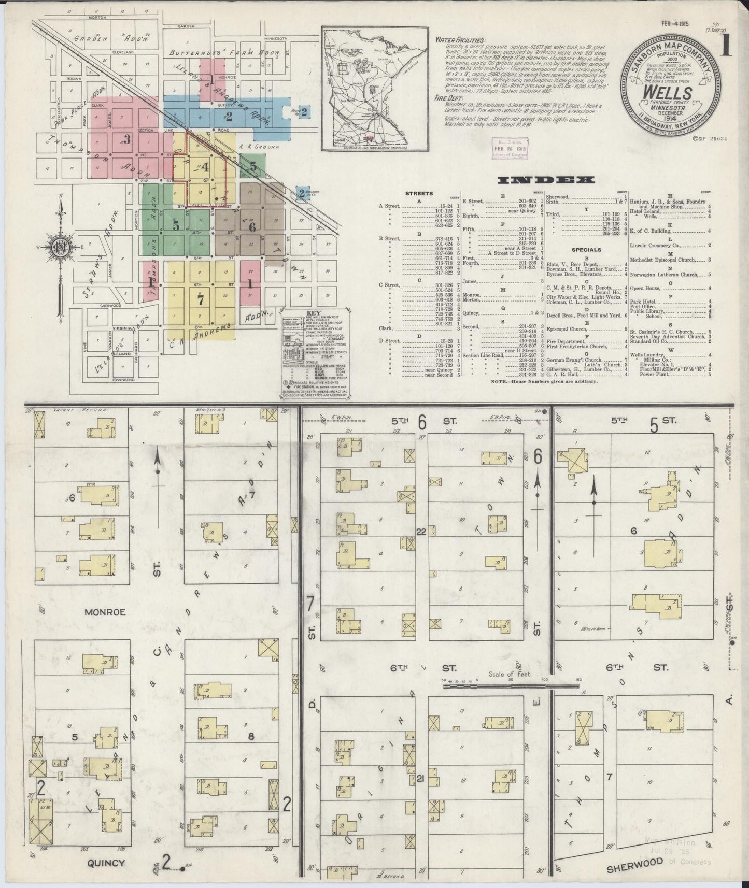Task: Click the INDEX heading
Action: click(x=545, y=180)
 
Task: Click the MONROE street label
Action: click(x=105, y=612)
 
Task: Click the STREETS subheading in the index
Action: click(x=419, y=194)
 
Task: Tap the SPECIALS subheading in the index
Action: click(x=586, y=250)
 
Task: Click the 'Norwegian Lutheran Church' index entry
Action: click(x=665, y=275)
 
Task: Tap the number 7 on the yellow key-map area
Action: click(x=200, y=299)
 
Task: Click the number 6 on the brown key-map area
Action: click(x=252, y=226)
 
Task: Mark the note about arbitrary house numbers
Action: click(x=544, y=381)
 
